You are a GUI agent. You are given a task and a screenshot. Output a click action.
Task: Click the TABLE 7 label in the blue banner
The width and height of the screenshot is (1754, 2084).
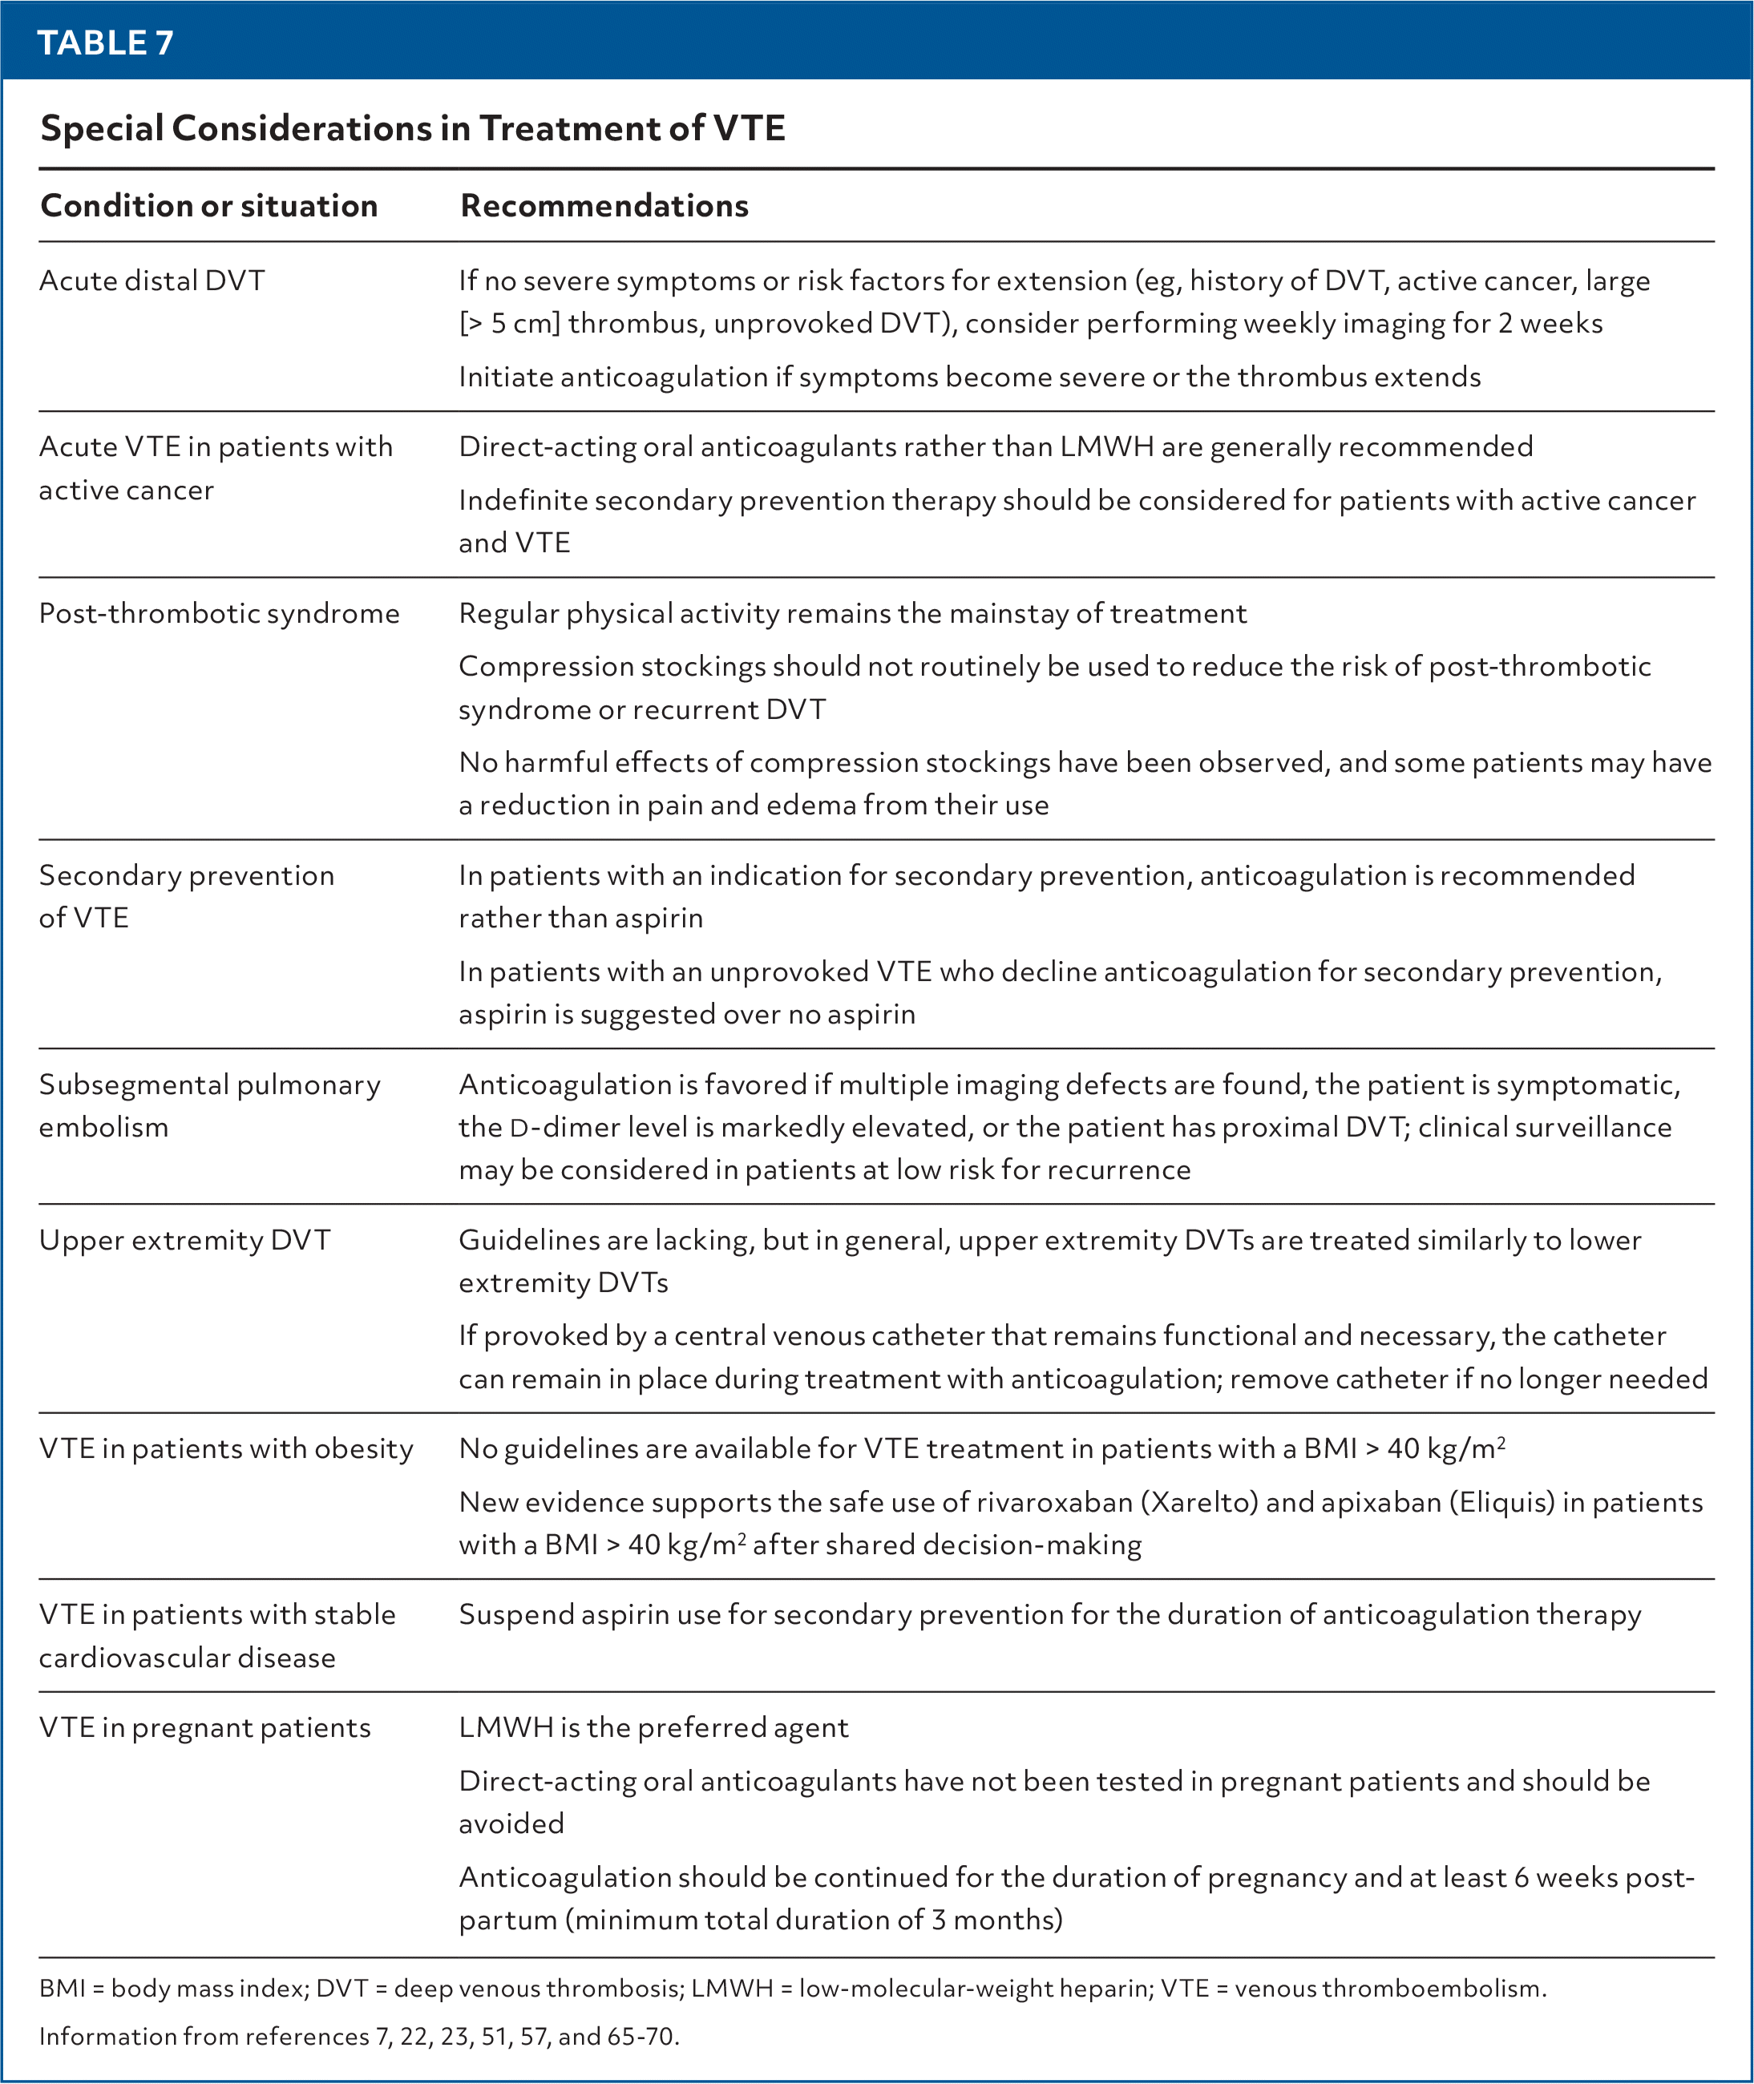(x=105, y=42)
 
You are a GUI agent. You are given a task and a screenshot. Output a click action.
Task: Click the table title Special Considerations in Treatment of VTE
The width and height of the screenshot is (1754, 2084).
(x=413, y=128)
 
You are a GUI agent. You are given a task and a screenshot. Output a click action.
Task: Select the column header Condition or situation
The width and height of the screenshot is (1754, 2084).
(x=208, y=206)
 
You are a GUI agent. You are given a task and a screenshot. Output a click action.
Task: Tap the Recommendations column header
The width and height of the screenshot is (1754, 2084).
(x=604, y=206)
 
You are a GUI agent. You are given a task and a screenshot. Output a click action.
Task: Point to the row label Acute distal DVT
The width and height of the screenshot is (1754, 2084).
(x=152, y=281)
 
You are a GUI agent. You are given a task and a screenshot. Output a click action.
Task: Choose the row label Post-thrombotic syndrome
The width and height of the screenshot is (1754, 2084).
(x=219, y=613)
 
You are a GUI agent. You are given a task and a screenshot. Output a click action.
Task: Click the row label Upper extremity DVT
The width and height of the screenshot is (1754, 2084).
(x=185, y=1241)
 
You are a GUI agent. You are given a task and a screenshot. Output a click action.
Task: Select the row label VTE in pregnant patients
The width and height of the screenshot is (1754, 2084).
(x=205, y=1728)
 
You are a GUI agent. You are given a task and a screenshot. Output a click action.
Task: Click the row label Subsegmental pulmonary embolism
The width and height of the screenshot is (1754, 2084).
(x=208, y=1105)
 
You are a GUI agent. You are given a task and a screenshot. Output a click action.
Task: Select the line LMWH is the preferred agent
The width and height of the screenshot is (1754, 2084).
(x=653, y=1728)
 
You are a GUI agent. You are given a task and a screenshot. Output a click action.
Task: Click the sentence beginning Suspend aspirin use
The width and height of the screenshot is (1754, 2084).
(x=1049, y=1615)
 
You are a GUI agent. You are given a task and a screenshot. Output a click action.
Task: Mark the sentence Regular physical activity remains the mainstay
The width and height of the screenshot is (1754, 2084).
(x=852, y=613)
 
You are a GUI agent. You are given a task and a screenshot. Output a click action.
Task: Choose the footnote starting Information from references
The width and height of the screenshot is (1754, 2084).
(x=359, y=2036)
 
